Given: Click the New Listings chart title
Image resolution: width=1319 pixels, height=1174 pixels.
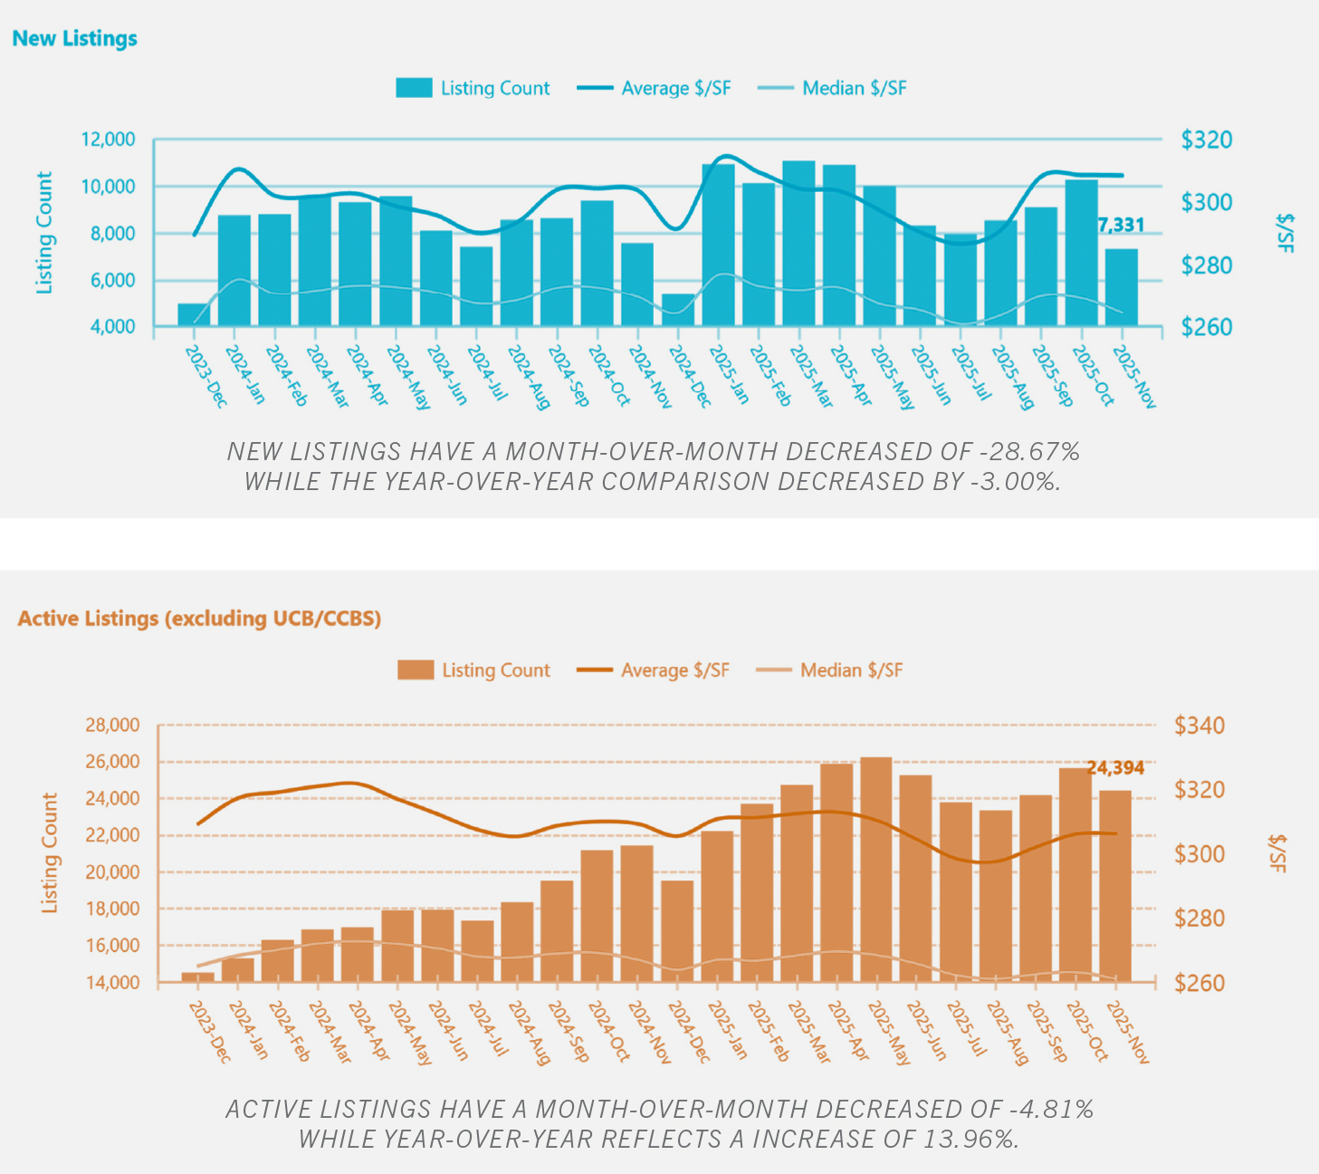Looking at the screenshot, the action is pos(75,38).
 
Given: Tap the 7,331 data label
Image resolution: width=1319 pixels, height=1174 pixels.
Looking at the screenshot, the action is pos(1121,225).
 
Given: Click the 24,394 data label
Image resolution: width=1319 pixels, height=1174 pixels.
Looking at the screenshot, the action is pos(1115,768).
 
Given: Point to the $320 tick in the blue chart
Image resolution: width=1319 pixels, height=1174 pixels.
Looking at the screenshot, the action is pos(1207,140).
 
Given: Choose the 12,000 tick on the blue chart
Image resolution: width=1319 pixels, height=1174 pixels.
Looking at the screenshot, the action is pos(108,140).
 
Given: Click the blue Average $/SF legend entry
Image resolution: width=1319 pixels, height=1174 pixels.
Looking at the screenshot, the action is pos(654,88).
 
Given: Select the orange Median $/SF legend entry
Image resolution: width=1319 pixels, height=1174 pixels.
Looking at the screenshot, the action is pos(829,669).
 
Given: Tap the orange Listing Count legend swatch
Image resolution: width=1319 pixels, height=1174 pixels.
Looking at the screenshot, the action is pos(416,669).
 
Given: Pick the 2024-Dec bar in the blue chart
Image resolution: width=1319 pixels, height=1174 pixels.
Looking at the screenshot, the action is pos(678,310).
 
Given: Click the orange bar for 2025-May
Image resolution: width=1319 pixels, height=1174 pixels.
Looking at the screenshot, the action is pos(876,869).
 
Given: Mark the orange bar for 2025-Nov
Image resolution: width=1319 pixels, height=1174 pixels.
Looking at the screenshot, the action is pos(1115,886).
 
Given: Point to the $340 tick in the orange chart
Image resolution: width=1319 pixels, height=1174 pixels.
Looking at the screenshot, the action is pos(1200,725).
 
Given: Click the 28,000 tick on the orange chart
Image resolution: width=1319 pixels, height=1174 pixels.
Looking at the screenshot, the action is pos(112,725).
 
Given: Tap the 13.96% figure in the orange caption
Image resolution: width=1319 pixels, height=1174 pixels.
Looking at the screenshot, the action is pos(970,1139).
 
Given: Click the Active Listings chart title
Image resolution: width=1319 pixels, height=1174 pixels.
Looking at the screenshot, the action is pos(199,619).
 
